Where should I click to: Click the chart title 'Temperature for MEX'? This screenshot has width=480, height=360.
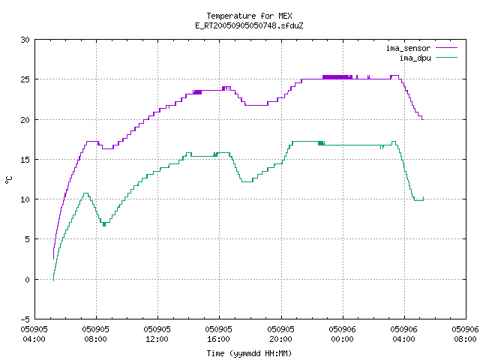click(x=249, y=16)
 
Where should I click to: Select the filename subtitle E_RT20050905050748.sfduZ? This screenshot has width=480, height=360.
click(x=249, y=25)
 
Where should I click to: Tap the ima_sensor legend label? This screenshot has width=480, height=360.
click(x=408, y=48)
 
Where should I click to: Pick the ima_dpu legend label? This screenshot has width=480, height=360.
click(x=415, y=58)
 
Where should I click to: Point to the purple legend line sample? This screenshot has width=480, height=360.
click(x=446, y=48)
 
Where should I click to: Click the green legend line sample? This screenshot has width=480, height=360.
click(x=446, y=57)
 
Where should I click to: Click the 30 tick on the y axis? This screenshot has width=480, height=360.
click(x=25, y=40)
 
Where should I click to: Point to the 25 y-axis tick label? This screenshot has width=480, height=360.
click(x=25, y=79)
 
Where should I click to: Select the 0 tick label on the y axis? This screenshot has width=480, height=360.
click(x=28, y=279)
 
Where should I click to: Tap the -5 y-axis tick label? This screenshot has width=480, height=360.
click(x=25, y=319)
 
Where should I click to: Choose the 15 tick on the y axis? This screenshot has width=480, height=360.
click(x=25, y=160)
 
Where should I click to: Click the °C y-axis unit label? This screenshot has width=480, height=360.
click(x=8, y=180)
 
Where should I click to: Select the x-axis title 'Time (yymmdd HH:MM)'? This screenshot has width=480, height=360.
click(x=249, y=353)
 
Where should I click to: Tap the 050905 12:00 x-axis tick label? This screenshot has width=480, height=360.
click(x=157, y=334)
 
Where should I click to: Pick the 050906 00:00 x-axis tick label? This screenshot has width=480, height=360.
click(x=342, y=334)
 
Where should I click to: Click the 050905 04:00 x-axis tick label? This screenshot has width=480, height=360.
click(x=34, y=334)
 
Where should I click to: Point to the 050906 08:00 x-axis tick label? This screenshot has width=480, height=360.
click(x=465, y=334)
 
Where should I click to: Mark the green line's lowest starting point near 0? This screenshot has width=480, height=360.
click(x=53, y=280)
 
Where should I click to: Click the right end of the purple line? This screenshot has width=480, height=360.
click(x=423, y=119)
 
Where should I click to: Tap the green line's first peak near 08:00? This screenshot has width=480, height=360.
click(x=85, y=193)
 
